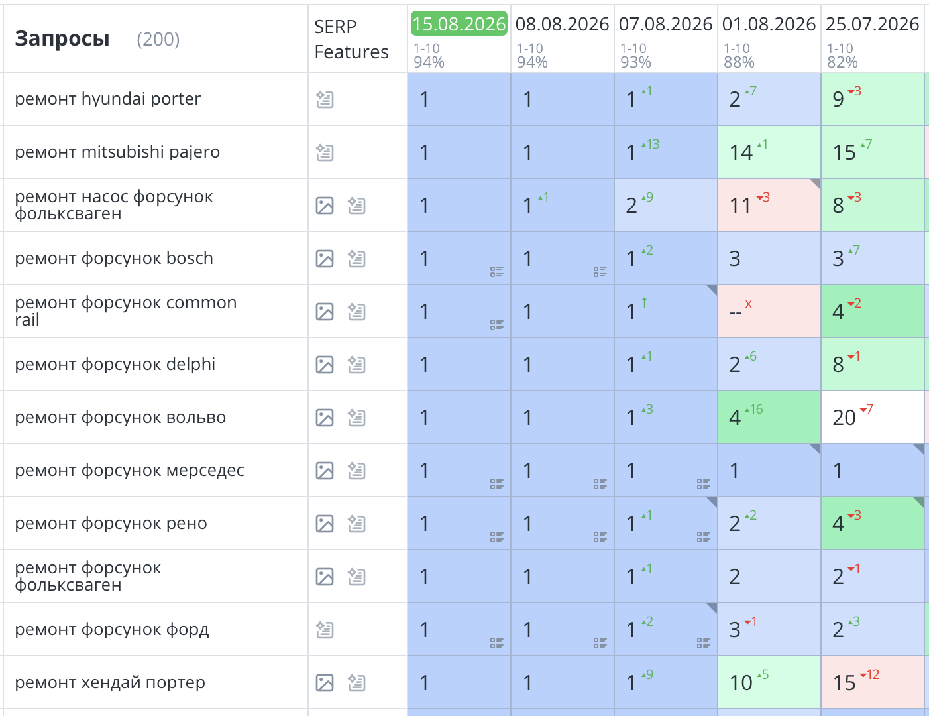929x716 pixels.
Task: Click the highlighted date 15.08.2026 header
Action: point(459,23)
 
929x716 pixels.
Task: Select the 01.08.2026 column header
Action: point(769,24)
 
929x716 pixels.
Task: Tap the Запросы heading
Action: point(62,39)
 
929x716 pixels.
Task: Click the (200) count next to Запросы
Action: point(158,39)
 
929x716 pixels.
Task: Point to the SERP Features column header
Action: point(351,39)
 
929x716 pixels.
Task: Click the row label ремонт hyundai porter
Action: point(108,99)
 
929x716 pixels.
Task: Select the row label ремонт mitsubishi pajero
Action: point(117,152)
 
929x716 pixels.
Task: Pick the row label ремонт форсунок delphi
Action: point(115,364)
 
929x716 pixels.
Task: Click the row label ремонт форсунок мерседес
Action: point(129,470)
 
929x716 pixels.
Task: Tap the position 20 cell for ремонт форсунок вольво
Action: point(873,417)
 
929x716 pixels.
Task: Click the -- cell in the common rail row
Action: point(769,311)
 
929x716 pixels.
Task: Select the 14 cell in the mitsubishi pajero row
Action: point(769,152)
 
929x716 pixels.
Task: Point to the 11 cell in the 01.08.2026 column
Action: point(769,205)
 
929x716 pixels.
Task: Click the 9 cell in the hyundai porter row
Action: point(873,99)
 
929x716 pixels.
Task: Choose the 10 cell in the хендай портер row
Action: point(769,682)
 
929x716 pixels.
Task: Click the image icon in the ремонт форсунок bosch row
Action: point(325,259)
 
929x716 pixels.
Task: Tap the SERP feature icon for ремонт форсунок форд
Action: point(325,630)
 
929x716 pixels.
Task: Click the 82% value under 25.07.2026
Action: point(842,62)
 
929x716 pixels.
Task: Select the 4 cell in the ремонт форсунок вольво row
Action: point(769,417)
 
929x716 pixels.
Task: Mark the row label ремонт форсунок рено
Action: point(111,523)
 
